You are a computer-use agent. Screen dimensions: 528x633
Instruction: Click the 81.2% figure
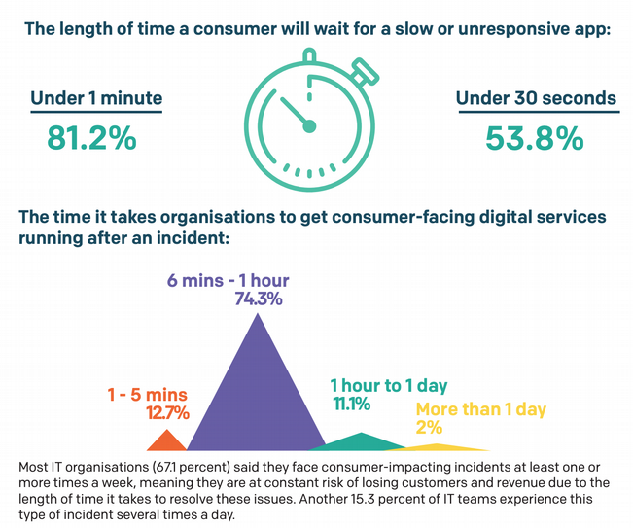click(92, 137)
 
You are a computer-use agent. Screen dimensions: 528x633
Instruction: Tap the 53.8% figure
click(535, 137)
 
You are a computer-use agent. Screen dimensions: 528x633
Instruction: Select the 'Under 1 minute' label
click(96, 98)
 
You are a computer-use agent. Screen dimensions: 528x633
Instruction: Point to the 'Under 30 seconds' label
click(536, 98)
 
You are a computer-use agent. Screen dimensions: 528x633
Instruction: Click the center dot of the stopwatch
click(309, 124)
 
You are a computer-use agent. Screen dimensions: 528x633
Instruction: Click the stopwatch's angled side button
click(365, 71)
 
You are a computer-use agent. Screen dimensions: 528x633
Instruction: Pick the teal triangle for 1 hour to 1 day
click(361, 443)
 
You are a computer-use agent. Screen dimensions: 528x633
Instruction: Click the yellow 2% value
click(429, 427)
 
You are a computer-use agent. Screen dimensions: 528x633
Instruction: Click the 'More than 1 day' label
click(480, 409)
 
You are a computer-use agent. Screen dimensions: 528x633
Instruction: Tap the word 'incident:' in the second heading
click(194, 235)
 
